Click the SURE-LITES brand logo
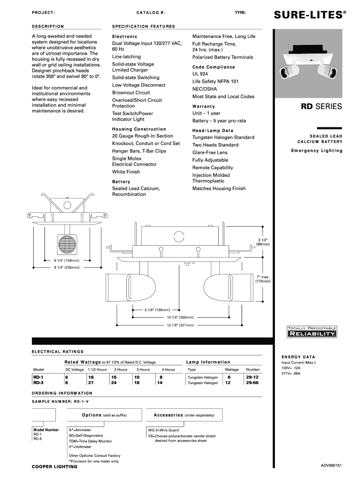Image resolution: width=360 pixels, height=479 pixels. tap(310, 15)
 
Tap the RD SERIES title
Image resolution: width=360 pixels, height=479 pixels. tap(321, 107)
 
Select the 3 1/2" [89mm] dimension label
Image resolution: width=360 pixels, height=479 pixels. tap(262, 242)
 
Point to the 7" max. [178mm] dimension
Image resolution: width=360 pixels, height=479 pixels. tap(262, 279)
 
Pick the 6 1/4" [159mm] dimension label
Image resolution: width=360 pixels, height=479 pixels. tap(67, 260)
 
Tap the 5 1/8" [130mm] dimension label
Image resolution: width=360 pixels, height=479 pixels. tap(157, 310)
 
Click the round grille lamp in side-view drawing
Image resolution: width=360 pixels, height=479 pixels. tap(66, 244)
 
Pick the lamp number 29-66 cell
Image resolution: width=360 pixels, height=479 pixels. tap(252, 382)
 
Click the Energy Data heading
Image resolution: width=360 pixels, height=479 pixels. tap(298, 356)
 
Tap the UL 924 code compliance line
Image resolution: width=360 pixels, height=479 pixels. tap(200, 74)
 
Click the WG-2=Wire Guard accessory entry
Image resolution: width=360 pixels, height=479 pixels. tap(163, 429)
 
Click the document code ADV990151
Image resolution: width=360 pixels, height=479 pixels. tap(331, 465)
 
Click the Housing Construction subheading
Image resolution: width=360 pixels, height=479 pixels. tap(139, 129)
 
